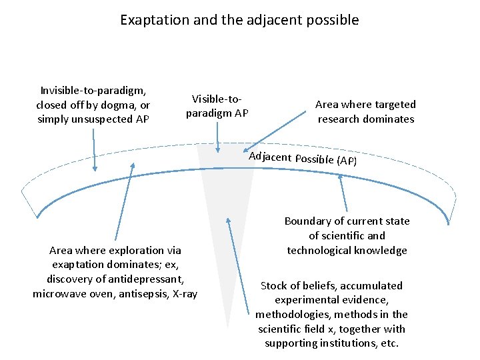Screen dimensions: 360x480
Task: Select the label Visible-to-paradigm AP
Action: coord(217,106)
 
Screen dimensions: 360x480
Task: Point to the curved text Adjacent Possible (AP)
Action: coord(303,159)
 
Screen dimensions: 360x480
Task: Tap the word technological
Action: coord(317,250)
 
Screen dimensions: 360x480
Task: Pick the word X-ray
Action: coord(185,293)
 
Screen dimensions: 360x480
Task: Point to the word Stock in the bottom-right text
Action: coord(274,285)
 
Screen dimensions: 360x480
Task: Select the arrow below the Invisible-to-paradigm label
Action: coord(94,150)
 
